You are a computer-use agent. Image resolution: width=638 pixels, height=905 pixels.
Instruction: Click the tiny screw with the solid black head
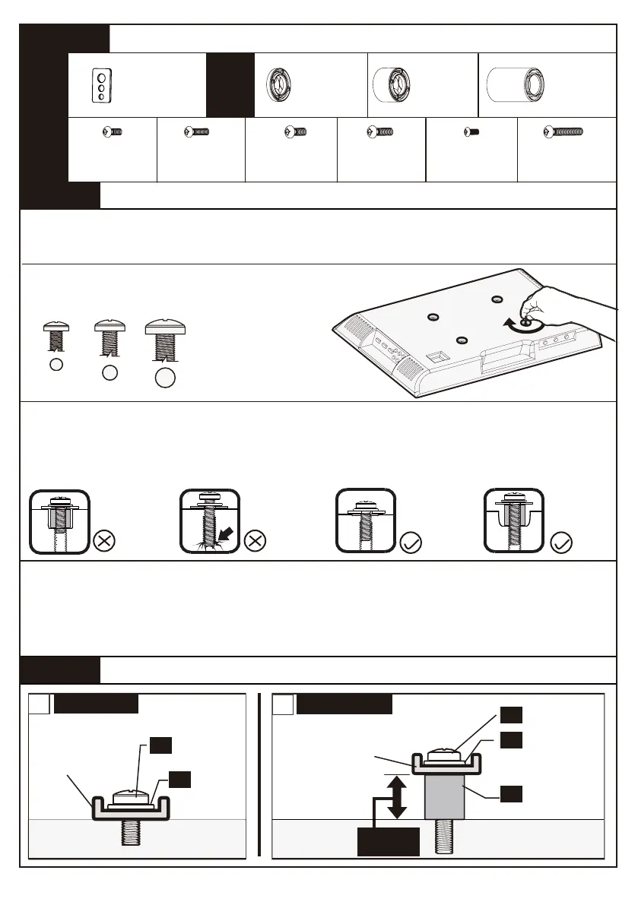click(x=471, y=131)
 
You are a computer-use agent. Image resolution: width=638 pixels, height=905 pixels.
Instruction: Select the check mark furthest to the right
click(x=562, y=543)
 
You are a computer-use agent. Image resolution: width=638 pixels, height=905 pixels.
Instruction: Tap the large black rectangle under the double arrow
click(x=388, y=841)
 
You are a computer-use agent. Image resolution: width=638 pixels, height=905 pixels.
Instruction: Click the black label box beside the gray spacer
click(x=511, y=793)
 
